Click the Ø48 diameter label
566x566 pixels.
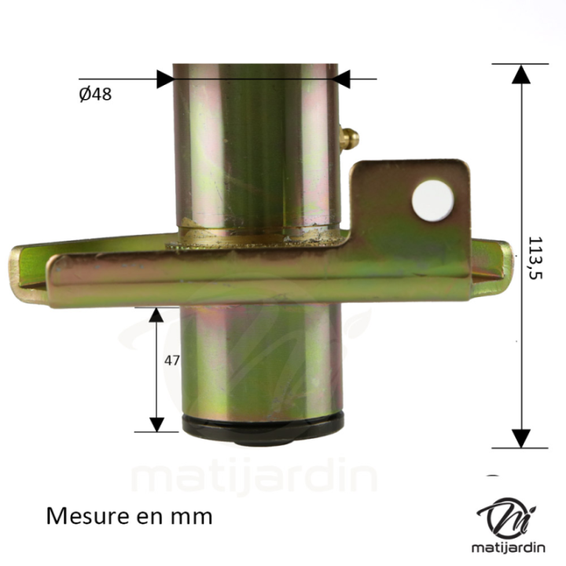pyautogui.click(x=95, y=94)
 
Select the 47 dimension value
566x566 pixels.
pyautogui.click(x=172, y=361)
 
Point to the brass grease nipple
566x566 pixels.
pyautogui.click(x=349, y=139)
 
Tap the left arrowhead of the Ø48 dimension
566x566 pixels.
pyautogui.click(x=165, y=79)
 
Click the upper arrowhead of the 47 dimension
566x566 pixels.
pyautogui.click(x=156, y=315)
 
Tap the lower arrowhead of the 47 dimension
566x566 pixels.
pyautogui.click(x=156, y=423)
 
